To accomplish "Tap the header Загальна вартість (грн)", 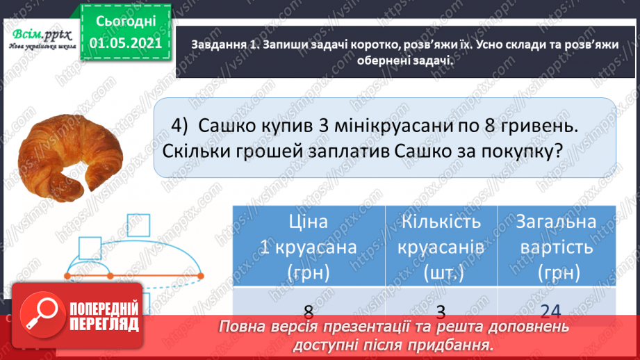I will pyautogui.click(x=557, y=247).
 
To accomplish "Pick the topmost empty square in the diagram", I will pyautogui.click(x=138, y=227).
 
